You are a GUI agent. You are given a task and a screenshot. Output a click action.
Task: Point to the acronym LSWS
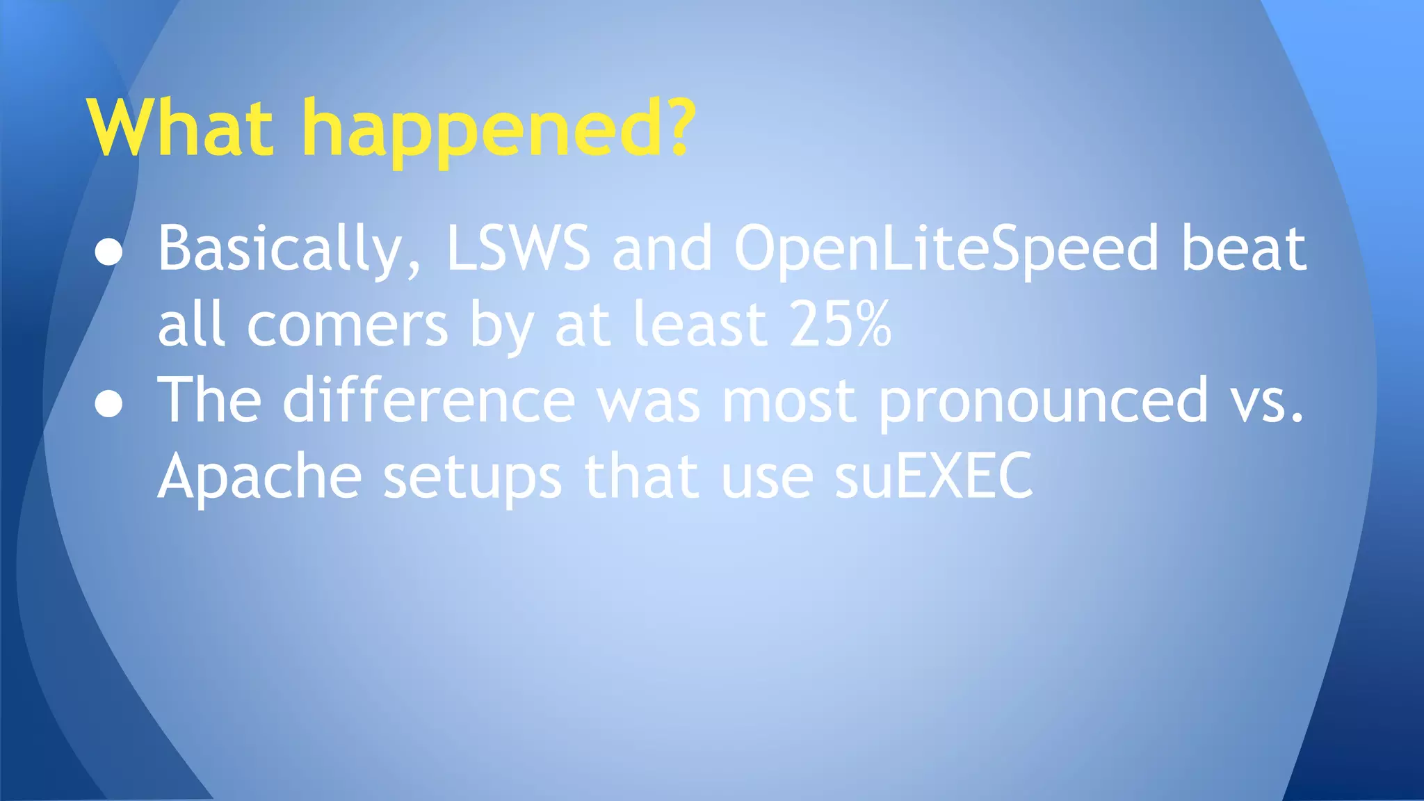518,248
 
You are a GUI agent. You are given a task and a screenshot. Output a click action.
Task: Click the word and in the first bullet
662,248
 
